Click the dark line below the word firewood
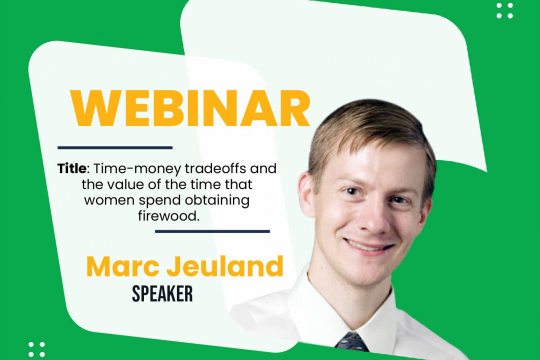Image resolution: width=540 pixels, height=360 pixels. (x=211, y=231)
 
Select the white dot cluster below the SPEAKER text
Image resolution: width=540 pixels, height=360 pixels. (x=37, y=349)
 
